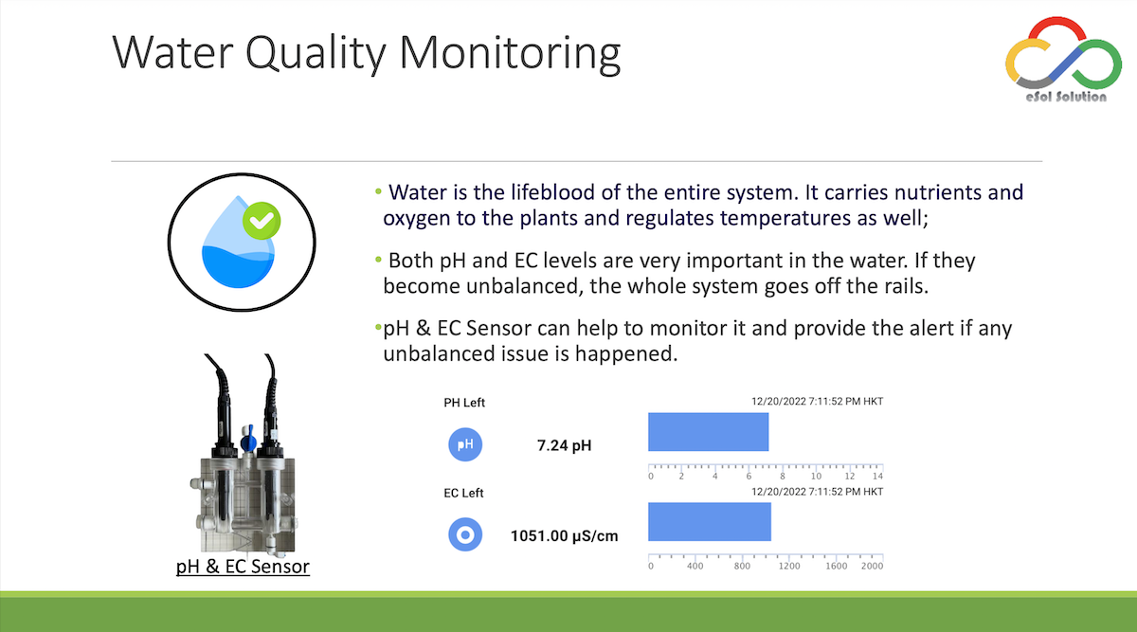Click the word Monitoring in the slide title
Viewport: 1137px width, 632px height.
click(510, 54)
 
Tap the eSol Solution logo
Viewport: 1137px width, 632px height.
click(1064, 60)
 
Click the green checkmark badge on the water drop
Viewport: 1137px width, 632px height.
click(262, 221)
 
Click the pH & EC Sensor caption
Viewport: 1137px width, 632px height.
click(243, 567)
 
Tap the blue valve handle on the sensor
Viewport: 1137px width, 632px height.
click(248, 439)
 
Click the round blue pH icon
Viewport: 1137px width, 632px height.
click(465, 444)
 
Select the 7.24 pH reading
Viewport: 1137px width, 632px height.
click(564, 445)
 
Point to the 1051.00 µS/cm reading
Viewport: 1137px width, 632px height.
click(564, 536)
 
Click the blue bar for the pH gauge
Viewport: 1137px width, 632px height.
click(708, 432)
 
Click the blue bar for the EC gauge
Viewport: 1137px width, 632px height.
click(710, 522)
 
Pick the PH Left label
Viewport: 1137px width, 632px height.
click(464, 403)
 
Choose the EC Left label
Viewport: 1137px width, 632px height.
click(463, 493)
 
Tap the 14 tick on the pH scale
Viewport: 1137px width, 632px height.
click(877, 477)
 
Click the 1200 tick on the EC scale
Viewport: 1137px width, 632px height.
click(788, 566)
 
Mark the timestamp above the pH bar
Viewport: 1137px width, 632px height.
click(817, 402)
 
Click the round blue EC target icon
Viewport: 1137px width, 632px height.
click(465, 534)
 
